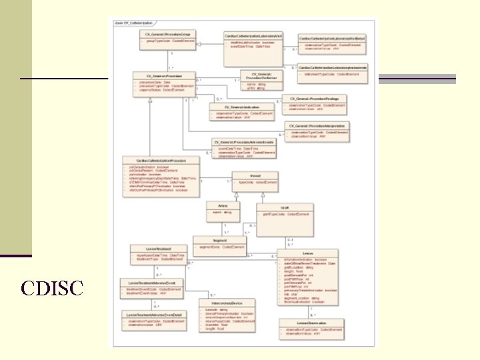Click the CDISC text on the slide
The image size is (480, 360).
52,288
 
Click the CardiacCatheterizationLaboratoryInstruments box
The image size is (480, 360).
333,70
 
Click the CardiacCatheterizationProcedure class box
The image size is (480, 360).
161,176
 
